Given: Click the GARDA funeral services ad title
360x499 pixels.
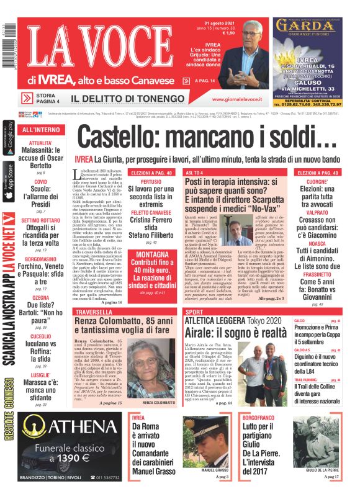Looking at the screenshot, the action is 308,27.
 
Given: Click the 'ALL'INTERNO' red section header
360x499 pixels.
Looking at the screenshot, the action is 40,130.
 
